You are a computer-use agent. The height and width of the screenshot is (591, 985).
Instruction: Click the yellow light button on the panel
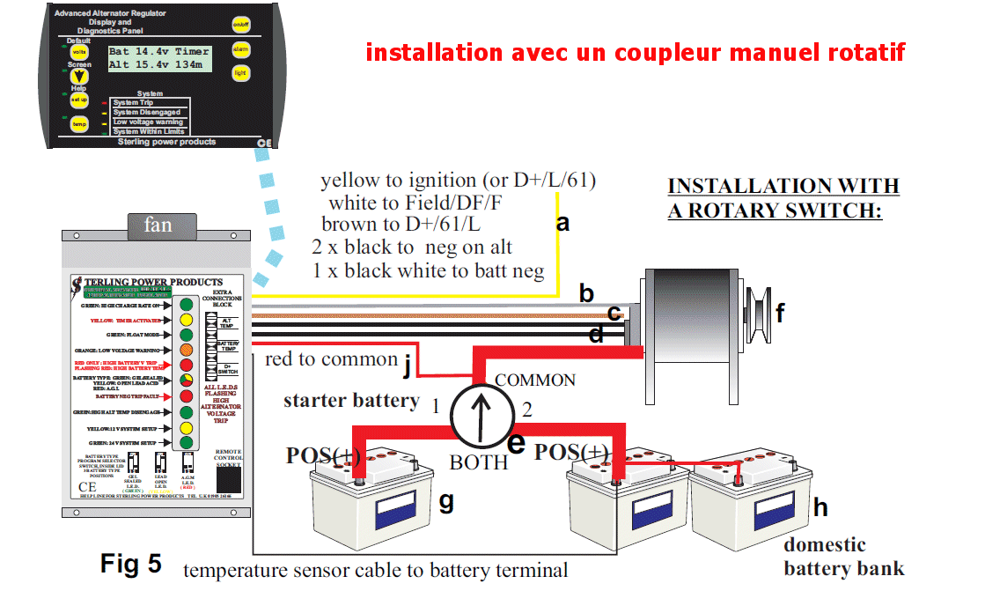click(x=240, y=73)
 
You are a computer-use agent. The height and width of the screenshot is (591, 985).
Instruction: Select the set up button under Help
click(x=79, y=100)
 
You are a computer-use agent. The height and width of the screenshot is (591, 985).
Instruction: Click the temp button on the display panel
click(x=79, y=124)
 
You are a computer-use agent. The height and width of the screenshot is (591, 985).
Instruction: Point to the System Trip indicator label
click(x=133, y=103)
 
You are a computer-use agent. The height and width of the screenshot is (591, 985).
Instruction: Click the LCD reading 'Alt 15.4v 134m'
click(x=158, y=64)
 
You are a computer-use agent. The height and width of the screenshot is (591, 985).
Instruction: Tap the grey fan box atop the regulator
click(x=158, y=225)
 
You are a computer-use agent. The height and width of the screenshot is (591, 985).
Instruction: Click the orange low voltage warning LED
click(x=186, y=349)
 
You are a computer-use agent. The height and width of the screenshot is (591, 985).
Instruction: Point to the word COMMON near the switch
click(x=535, y=380)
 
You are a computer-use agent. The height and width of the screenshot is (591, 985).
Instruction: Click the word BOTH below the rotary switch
click(x=479, y=462)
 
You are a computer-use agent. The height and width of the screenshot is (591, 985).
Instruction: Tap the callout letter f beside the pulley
click(x=780, y=312)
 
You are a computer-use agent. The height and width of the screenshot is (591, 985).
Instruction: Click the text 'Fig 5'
click(x=131, y=563)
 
